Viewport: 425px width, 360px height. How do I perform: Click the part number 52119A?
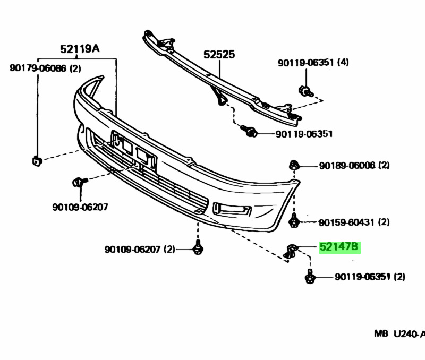click(80, 49)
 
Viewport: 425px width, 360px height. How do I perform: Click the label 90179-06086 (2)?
click(45, 68)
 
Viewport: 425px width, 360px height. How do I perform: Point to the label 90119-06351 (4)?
click(313, 63)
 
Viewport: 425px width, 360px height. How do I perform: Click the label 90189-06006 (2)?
click(354, 166)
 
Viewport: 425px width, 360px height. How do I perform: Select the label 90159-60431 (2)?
click(354, 222)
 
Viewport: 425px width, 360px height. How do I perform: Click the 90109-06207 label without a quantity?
click(80, 207)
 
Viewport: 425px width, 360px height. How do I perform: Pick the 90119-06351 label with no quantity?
click(304, 134)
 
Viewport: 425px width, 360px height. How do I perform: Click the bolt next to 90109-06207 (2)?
click(198, 247)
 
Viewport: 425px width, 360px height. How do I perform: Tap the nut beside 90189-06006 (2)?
click(293, 165)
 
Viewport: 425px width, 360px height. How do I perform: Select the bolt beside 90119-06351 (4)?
click(305, 91)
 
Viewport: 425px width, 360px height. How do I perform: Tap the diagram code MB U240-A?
click(398, 334)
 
